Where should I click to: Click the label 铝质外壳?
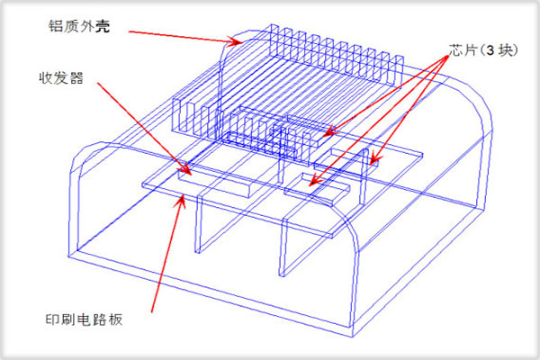click(79, 26)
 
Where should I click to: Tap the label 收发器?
click(61, 78)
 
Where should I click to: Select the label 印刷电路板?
click(84, 319)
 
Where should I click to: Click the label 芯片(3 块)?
click(483, 50)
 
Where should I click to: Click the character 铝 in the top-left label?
click(56, 26)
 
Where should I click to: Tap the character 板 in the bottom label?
click(115, 319)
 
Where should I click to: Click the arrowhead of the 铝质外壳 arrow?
click(236, 41)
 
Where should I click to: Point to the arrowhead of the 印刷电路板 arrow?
click(181, 202)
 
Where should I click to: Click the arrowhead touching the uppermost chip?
click(330, 131)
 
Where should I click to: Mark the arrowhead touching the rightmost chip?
click(375, 159)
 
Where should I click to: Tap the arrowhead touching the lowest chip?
click(315, 181)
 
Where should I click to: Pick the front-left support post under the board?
click(199, 224)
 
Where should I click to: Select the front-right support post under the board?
click(283, 247)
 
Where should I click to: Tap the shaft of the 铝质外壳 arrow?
click(183, 37)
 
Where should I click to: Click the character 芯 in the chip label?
click(456, 50)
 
